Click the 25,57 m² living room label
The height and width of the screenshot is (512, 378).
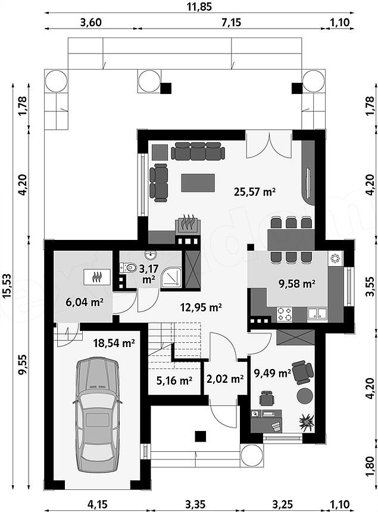click(255, 191)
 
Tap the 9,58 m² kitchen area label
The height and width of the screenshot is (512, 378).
click(296, 283)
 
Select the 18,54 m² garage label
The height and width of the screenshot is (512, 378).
click(114, 343)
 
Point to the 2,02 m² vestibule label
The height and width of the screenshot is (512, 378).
click(225, 379)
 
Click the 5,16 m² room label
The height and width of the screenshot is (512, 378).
click(174, 380)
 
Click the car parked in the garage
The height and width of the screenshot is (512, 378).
click(97, 414)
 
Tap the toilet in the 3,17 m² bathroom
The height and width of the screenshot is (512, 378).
click(128, 268)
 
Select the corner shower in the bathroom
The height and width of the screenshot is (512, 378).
click(171, 277)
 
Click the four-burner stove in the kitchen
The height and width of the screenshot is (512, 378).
click(285, 314)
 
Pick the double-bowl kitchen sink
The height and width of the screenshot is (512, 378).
click(317, 314)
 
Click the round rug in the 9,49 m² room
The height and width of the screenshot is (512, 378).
click(305, 395)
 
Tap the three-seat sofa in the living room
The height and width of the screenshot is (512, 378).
click(198, 151)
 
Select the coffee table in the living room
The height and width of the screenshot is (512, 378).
click(198, 183)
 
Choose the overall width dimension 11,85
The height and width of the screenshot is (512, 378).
click(199, 7)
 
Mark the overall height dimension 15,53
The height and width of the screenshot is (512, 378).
click(7, 286)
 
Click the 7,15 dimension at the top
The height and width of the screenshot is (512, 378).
click(231, 22)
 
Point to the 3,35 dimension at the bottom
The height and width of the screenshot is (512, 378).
click(195, 504)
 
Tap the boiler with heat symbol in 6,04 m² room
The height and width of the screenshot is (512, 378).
click(97, 277)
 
